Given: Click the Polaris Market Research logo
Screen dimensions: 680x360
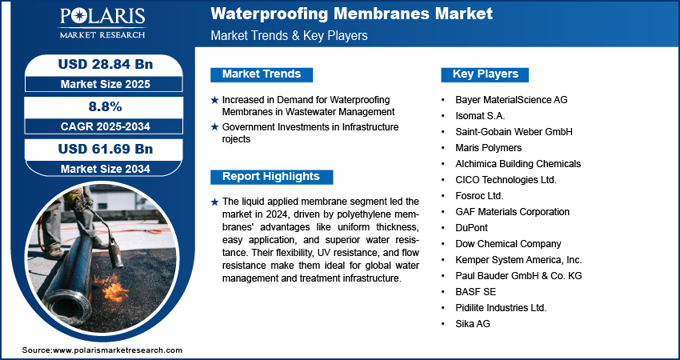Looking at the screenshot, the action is coord(102,23).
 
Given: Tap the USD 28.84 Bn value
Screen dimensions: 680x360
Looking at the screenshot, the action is coord(106,64).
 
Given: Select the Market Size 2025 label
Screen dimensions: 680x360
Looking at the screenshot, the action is coord(106,84).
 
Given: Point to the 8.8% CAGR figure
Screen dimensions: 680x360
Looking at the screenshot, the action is coord(106,106).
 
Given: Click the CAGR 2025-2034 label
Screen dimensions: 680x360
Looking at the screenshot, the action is coord(106,126).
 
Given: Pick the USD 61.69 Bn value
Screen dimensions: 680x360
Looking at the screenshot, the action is coord(106,149).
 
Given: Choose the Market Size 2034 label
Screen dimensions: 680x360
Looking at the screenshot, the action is coord(106,169).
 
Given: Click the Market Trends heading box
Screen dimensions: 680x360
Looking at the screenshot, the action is coord(262,74).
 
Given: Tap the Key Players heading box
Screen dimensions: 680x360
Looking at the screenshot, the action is coord(485,74).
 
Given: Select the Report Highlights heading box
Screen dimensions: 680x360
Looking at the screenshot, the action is coord(271,177).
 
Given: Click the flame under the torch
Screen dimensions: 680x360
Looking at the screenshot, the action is coord(113,288).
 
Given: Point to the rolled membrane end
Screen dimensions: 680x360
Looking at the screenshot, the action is coord(66,305).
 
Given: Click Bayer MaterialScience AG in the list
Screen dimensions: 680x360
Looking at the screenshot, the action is coord(511,100).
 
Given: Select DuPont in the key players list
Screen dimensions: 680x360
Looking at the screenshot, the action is coord(471,228).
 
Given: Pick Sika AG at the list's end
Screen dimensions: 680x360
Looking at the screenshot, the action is coord(473,324).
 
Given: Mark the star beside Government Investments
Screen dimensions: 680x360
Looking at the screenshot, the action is coord(214,127).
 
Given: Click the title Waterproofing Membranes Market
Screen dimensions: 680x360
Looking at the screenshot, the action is coord(352,14).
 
